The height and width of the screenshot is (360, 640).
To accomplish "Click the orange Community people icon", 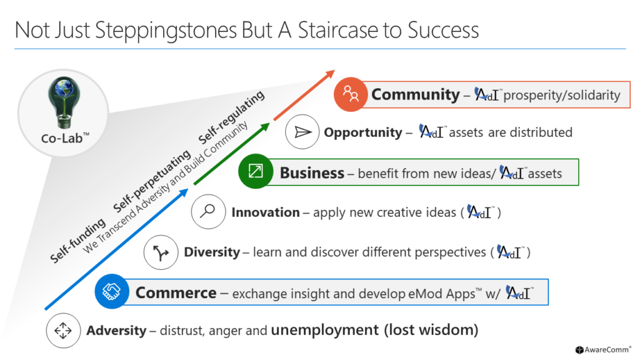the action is [x=351, y=94].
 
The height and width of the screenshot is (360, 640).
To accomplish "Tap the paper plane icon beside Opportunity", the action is [x=302, y=132].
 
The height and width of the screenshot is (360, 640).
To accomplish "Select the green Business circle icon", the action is [x=256, y=171].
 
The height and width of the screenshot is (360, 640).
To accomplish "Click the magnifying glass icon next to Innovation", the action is [x=208, y=211].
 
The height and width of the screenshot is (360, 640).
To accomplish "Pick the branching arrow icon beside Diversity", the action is [x=161, y=252].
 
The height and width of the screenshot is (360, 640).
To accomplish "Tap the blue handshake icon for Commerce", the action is [x=112, y=291].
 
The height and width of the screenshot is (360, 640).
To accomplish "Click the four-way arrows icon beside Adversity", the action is [x=63, y=331].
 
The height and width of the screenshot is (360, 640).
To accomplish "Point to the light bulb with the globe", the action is [x=64, y=102].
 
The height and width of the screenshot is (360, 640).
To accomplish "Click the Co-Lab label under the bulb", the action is [x=65, y=138].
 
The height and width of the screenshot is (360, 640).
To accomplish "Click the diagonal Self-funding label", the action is [x=77, y=241].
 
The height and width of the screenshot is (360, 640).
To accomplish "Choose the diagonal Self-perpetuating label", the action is [x=152, y=181].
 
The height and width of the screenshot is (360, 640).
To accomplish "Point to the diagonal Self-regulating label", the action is [x=231, y=117].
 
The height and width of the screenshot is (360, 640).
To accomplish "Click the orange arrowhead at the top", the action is [x=329, y=75].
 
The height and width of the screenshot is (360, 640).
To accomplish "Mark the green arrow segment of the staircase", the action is [x=232, y=154].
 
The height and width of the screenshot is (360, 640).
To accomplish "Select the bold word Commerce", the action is [x=176, y=293].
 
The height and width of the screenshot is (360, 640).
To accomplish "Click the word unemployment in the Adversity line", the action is [x=325, y=330].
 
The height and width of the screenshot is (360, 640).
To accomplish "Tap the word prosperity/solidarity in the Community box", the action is [x=562, y=95].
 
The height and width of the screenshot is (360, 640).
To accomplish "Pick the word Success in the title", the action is [x=443, y=30].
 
